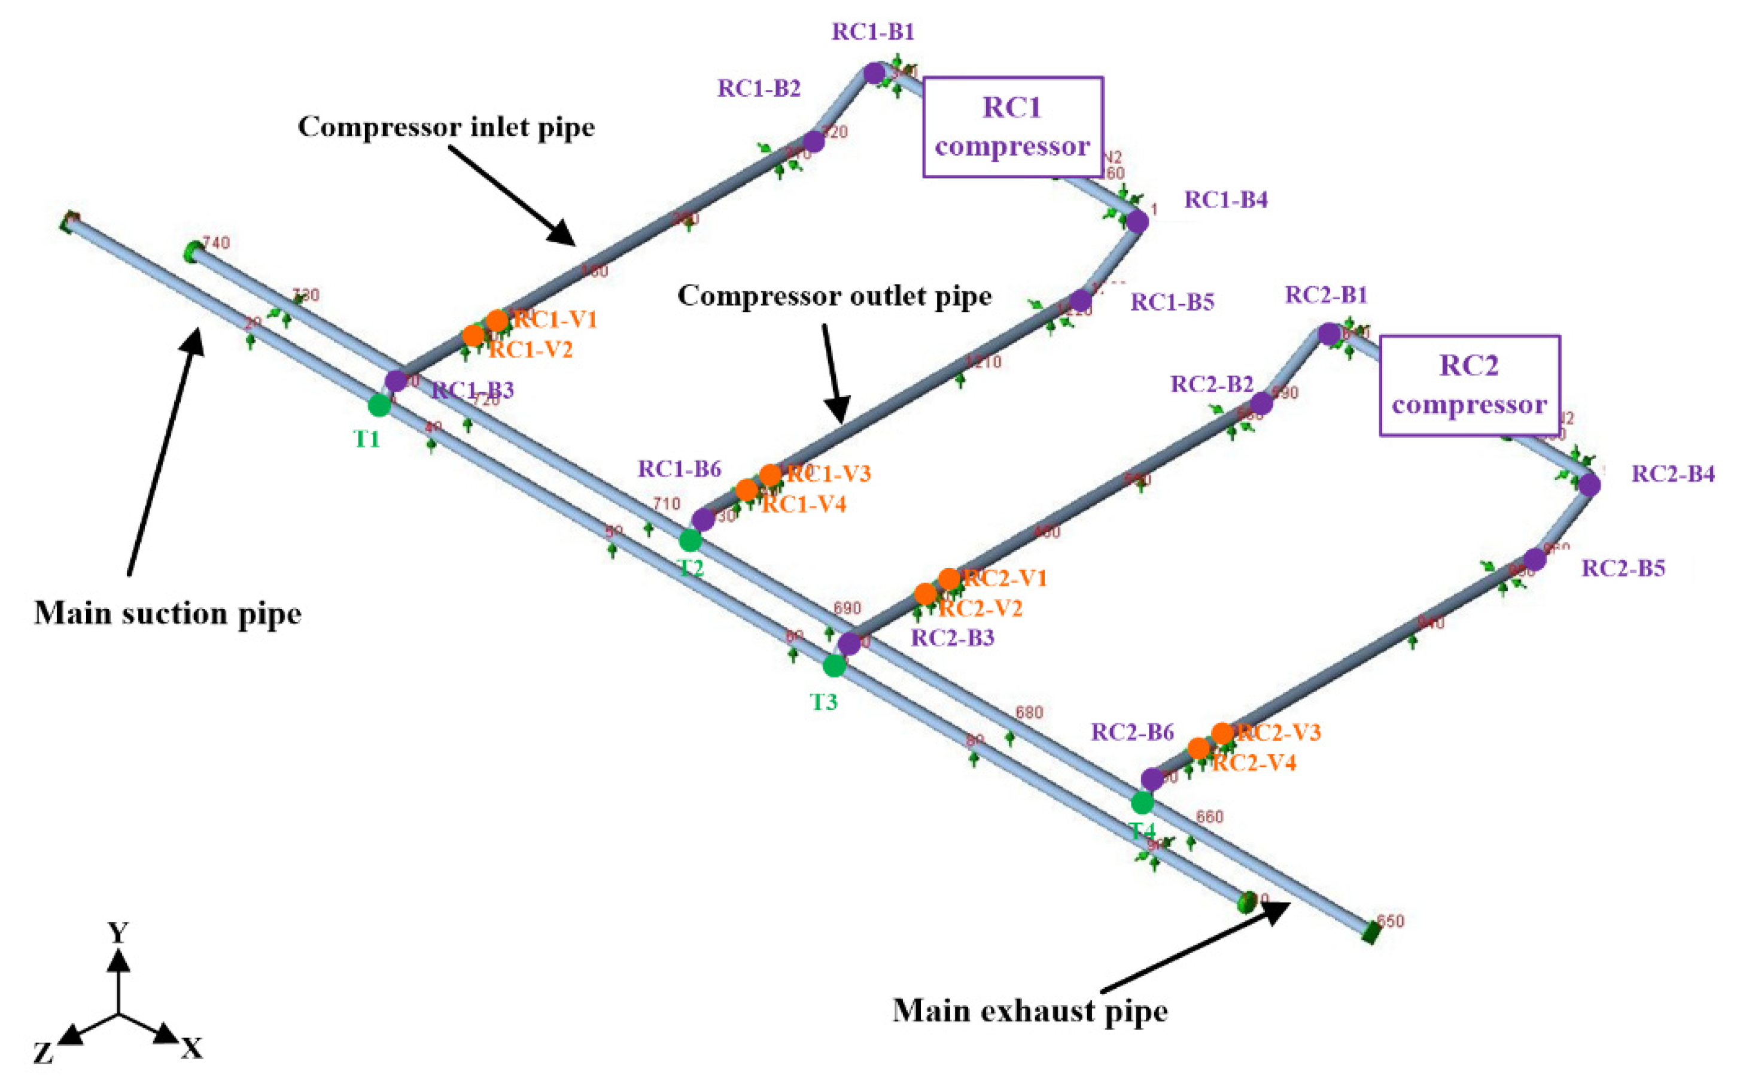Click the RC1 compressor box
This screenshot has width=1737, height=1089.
coord(1012,127)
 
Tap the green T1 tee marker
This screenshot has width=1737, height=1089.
coord(379,405)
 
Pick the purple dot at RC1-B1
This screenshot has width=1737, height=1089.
coord(874,73)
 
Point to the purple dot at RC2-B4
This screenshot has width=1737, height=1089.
coord(1589,485)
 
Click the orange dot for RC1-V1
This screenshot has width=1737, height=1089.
coord(497,320)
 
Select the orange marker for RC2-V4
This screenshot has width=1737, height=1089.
coord(1198,748)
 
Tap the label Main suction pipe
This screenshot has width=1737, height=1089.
coord(168,613)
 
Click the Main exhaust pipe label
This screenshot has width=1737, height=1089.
coord(1030,1011)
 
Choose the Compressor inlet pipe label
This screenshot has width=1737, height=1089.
coord(446,127)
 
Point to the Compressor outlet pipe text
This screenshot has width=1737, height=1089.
coord(834,296)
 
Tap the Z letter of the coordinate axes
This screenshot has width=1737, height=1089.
coord(43,1054)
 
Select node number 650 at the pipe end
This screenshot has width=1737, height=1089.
coord(1390,921)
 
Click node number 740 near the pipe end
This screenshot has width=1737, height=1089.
coord(216,242)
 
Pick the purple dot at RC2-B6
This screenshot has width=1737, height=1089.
coord(1152,778)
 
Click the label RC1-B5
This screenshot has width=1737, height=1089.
coord(1172,302)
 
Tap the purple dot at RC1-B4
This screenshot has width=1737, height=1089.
coord(1137,222)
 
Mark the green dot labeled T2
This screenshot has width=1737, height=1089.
coord(690,539)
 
